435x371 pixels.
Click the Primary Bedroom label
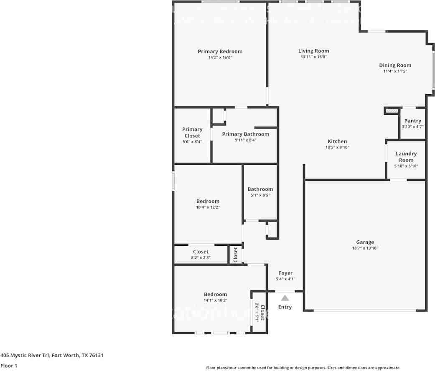pyautogui.click(x=220, y=51)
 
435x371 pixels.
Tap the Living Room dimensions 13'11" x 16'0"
pyautogui.click(x=313, y=57)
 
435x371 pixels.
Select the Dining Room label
pyautogui.click(x=395, y=65)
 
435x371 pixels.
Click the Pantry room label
pyautogui.click(x=412, y=121)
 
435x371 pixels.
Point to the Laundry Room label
pyautogui.click(x=406, y=157)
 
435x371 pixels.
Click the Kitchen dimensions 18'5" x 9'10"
pyautogui.click(x=337, y=147)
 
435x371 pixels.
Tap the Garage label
pyautogui.click(x=365, y=242)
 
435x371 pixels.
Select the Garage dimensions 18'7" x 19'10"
pyautogui.click(x=365, y=248)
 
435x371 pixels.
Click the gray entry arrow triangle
pyautogui.click(x=285, y=298)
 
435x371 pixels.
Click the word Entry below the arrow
pyautogui.click(x=285, y=307)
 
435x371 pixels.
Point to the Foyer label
pyautogui.click(x=285, y=273)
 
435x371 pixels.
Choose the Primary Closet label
pyautogui.click(x=192, y=132)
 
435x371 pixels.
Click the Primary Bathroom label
pyautogui.click(x=245, y=134)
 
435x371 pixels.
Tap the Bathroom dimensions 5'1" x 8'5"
pyautogui.click(x=260, y=195)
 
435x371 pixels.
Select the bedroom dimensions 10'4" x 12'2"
pyautogui.click(x=208, y=207)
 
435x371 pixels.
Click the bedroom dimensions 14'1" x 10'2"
pyautogui.click(x=215, y=300)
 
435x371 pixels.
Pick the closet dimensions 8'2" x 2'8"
pyautogui.click(x=201, y=258)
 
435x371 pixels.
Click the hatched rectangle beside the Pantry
pyautogui.click(x=392, y=111)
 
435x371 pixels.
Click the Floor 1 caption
pyautogui.click(x=9, y=366)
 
